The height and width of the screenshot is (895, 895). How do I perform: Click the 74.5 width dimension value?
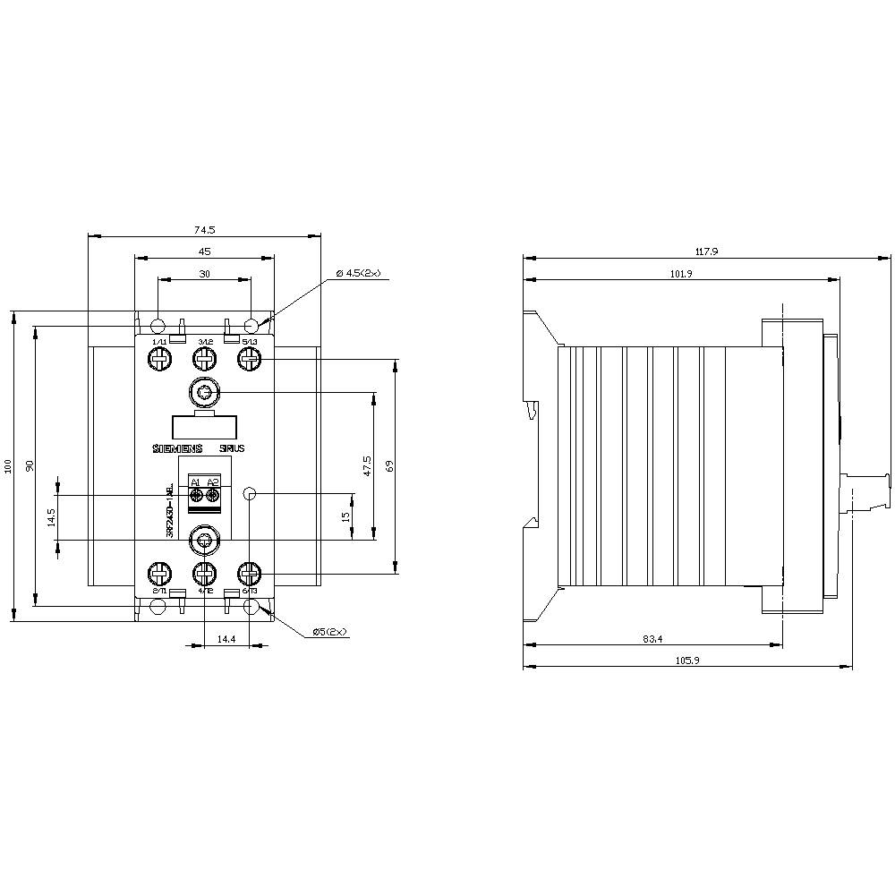[x=204, y=230]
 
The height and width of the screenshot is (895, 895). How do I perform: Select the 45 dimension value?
[x=204, y=252]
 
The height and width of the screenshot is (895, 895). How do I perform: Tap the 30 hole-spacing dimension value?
[x=204, y=275]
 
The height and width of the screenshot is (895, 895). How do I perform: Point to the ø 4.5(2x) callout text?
[x=358, y=273]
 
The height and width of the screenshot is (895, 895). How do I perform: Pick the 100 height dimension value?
[x=8, y=465]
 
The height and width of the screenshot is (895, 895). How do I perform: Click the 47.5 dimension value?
[x=367, y=465]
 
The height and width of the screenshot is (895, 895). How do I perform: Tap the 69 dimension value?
[x=389, y=465]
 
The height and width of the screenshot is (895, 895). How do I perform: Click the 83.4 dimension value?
[x=653, y=639]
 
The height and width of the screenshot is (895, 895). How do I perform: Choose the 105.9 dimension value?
[x=687, y=661]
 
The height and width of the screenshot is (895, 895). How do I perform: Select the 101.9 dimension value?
[x=681, y=274]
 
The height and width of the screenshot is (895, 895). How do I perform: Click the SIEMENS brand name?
[x=177, y=448]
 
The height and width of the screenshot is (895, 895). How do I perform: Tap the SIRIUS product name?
[x=230, y=448]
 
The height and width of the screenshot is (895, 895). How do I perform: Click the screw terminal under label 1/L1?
[x=159, y=360]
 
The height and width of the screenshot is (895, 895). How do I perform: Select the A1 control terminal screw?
[x=196, y=495]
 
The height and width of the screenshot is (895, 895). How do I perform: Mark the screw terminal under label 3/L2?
[x=205, y=360]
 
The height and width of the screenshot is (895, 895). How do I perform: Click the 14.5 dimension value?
[x=51, y=517]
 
